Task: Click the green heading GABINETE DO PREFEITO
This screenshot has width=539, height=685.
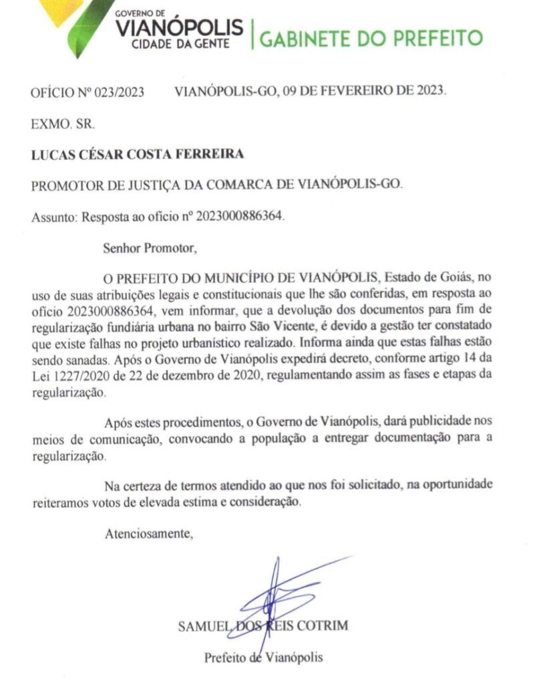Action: tap(371, 37)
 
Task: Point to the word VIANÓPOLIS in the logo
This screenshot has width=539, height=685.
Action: tap(180, 27)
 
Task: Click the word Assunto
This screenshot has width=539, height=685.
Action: tap(53, 217)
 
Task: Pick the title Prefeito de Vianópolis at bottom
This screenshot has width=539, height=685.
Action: tap(263, 657)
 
